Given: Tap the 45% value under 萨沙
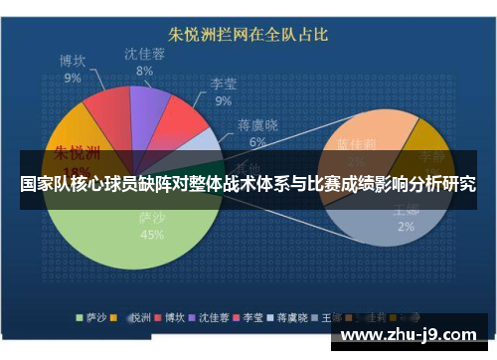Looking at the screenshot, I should pyautogui.click(x=153, y=236).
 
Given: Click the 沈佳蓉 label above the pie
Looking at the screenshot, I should pyautogui.click(x=145, y=55).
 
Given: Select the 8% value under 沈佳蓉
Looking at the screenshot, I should pyautogui.click(x=145, y=72).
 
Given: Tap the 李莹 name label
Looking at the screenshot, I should pyautogui.click(x=224, y=85).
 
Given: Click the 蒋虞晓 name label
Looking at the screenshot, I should pyautogui.click(x=256, y=124).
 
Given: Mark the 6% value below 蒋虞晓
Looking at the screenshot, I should pyautogui.click(x=257, y=141).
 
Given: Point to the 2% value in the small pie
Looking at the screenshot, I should pyautogui.click(x=406, y=227).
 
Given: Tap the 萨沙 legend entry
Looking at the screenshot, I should pyautogui.click(x=94, y=319).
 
